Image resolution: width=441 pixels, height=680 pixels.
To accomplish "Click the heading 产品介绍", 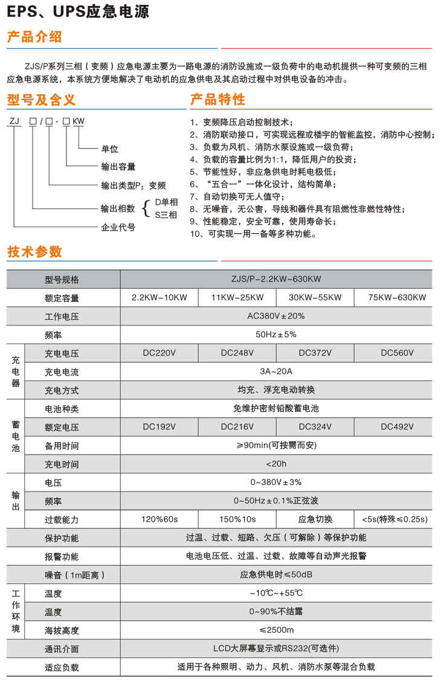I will click(34, 37).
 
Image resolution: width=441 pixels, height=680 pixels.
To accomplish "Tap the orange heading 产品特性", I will click(217, 100).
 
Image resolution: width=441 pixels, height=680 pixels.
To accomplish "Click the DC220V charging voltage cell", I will click(159, 353).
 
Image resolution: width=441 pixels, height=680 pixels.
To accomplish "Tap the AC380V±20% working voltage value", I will click(276, 316).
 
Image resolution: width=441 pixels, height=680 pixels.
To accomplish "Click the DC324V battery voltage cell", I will click(315, 427).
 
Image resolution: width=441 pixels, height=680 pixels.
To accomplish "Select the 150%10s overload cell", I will click(237, 519).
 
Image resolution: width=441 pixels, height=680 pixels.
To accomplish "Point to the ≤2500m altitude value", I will click(276, 630).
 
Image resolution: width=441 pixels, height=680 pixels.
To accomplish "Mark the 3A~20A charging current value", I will click(276, 371).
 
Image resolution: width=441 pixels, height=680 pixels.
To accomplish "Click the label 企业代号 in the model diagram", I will click(118, 228).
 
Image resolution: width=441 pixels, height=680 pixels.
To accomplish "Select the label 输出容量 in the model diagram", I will click(118, 167).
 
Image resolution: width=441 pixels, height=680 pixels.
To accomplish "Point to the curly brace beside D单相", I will click(145, 208).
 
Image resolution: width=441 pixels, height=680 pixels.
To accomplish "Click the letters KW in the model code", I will click(79, 121).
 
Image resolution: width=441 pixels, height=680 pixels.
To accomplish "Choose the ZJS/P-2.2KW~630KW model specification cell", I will click(276, 279).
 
